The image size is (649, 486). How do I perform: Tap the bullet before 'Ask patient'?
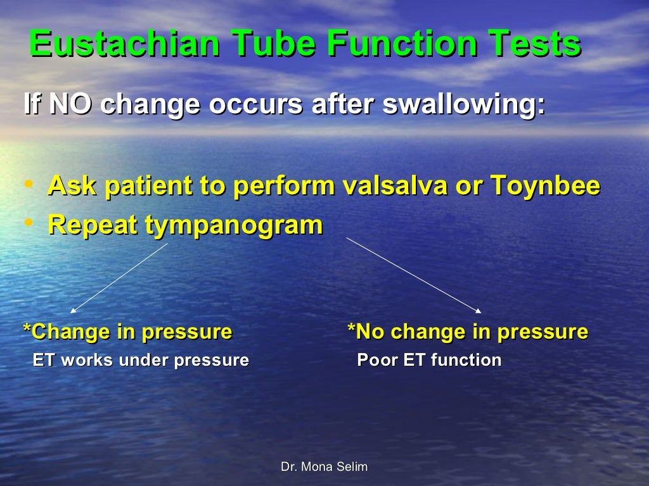click(x=29, y=185)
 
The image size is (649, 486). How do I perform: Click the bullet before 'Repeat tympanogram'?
click(x=29, y=223)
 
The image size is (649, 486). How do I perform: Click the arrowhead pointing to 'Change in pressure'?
click(x=74, y=310)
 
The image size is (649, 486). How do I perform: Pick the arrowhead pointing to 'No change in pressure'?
click(x=479, y=311)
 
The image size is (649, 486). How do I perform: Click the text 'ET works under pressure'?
click(x=141, y=361)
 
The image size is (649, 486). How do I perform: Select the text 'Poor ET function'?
click(x=429, y=361)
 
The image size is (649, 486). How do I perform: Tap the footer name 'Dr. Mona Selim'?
click(x=324, y=467)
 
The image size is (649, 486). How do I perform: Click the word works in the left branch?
click(x=87, y=361)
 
